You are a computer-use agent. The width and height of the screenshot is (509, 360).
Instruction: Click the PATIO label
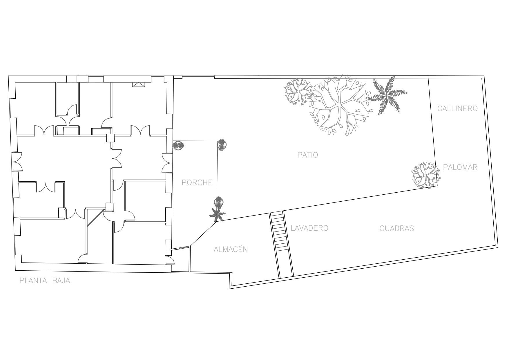(307, 155)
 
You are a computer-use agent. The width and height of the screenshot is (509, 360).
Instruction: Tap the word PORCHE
(197, 182)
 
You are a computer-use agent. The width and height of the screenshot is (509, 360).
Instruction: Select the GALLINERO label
(457, 108)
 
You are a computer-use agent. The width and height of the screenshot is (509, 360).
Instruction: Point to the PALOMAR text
(460, 167)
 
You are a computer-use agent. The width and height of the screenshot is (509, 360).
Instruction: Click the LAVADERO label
(309, 228)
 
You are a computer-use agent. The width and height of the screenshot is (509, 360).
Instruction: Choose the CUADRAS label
(396, 228)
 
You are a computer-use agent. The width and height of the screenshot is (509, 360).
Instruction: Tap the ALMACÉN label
(231, 249)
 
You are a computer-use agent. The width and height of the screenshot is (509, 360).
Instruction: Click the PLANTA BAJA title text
(45, 281)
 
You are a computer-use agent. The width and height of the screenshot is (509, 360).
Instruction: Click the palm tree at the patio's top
(386, 95)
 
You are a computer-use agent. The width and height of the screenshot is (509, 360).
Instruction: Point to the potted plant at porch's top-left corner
(178, 145)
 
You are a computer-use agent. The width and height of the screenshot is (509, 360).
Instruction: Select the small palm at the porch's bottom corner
(217, 214)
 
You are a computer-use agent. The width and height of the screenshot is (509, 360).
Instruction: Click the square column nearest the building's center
(111, 138)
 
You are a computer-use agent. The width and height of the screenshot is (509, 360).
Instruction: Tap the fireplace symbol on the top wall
(138, 84)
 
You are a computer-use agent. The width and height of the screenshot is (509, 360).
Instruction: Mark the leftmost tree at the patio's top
(297, 91)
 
